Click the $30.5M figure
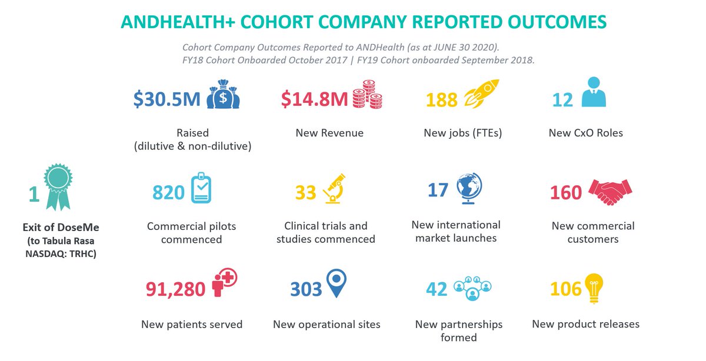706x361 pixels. pyautogui.click(x=167, y=99)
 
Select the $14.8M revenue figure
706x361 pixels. pyautogui.click(x=314, y=99)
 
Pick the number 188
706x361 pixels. pyautogui.click(x=441, y=100)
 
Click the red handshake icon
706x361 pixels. pyautogui.click(x=610, y=191)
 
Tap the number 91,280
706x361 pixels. pyautogui.click(x=175, y=289)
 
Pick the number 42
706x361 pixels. pyautogui.click(x=436, y=289)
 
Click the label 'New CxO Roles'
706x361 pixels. pyautogui.click(x=585, y=133)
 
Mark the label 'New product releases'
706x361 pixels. pyautogui.click(x=585, y=324)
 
